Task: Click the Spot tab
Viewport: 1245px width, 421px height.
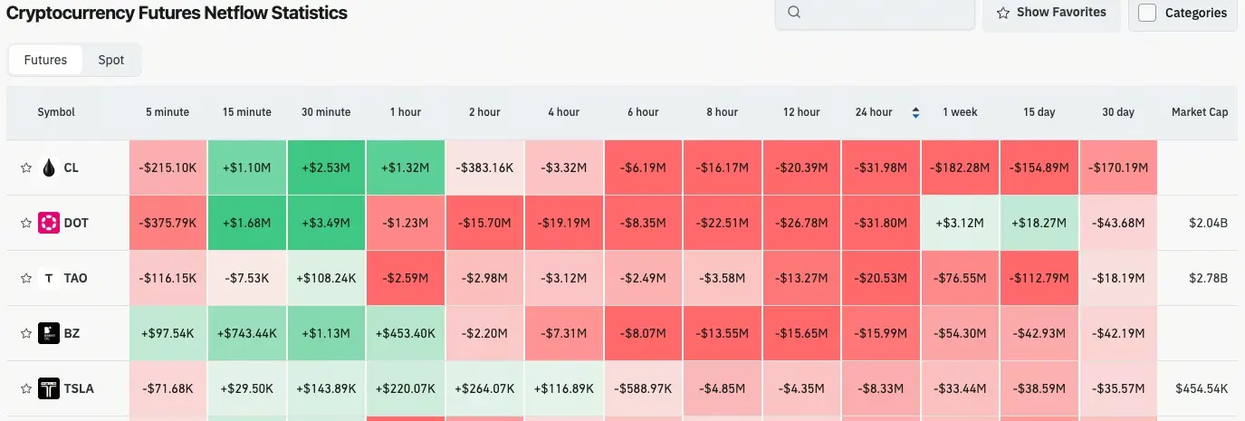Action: pos(111,60)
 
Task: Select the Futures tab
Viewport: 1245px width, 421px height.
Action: pos(45,60)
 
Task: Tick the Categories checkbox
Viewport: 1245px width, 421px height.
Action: pos(1147,13)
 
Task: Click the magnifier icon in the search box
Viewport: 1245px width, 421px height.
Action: pos(794,13)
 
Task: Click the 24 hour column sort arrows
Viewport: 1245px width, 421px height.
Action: pos(915,112)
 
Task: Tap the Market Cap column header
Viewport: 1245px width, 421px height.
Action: pos(1200,112)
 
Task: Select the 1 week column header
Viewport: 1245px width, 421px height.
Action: pos(960,112)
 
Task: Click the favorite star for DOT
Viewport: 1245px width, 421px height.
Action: pos(26,223)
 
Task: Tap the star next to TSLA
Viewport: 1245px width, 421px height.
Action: pos(26,389)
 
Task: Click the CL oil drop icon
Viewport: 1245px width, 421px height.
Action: pos(49,167)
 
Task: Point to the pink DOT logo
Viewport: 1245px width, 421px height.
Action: pos(49,223)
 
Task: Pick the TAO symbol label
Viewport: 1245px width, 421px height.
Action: pos(76,278)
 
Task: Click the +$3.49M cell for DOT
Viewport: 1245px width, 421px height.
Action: pos(326,223)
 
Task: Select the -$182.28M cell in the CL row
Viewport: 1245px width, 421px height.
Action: pos(960,167)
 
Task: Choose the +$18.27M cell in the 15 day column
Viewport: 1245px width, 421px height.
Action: pos(1039,223)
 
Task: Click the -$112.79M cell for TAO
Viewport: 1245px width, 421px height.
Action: pos(1039,278)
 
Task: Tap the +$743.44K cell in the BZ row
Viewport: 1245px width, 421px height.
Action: pos(247,333)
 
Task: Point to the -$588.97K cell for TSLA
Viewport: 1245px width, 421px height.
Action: pos(643,389)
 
